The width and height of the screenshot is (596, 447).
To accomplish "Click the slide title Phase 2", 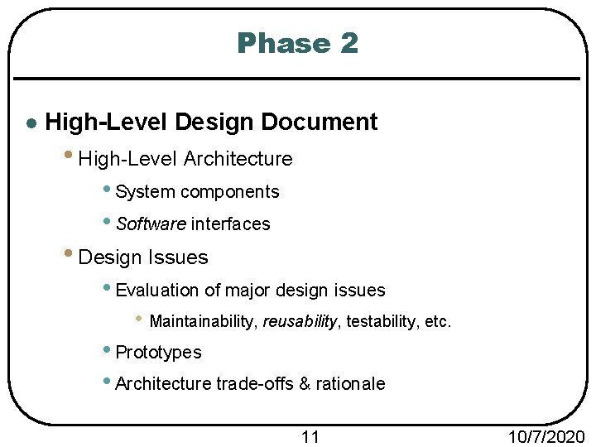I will click(x=297, y=43).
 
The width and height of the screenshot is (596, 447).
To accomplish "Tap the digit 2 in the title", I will click(x=348, y=43).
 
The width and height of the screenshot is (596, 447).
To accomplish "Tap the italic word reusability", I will click(x=300, y=321).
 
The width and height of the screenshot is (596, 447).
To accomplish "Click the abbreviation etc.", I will click(x=438, y=321).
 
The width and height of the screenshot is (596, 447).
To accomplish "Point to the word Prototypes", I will click(x=158, y=353).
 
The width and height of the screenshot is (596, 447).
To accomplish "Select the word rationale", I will click(x=350, y=384).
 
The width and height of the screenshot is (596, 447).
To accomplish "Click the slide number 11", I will click(x=310, y=436).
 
